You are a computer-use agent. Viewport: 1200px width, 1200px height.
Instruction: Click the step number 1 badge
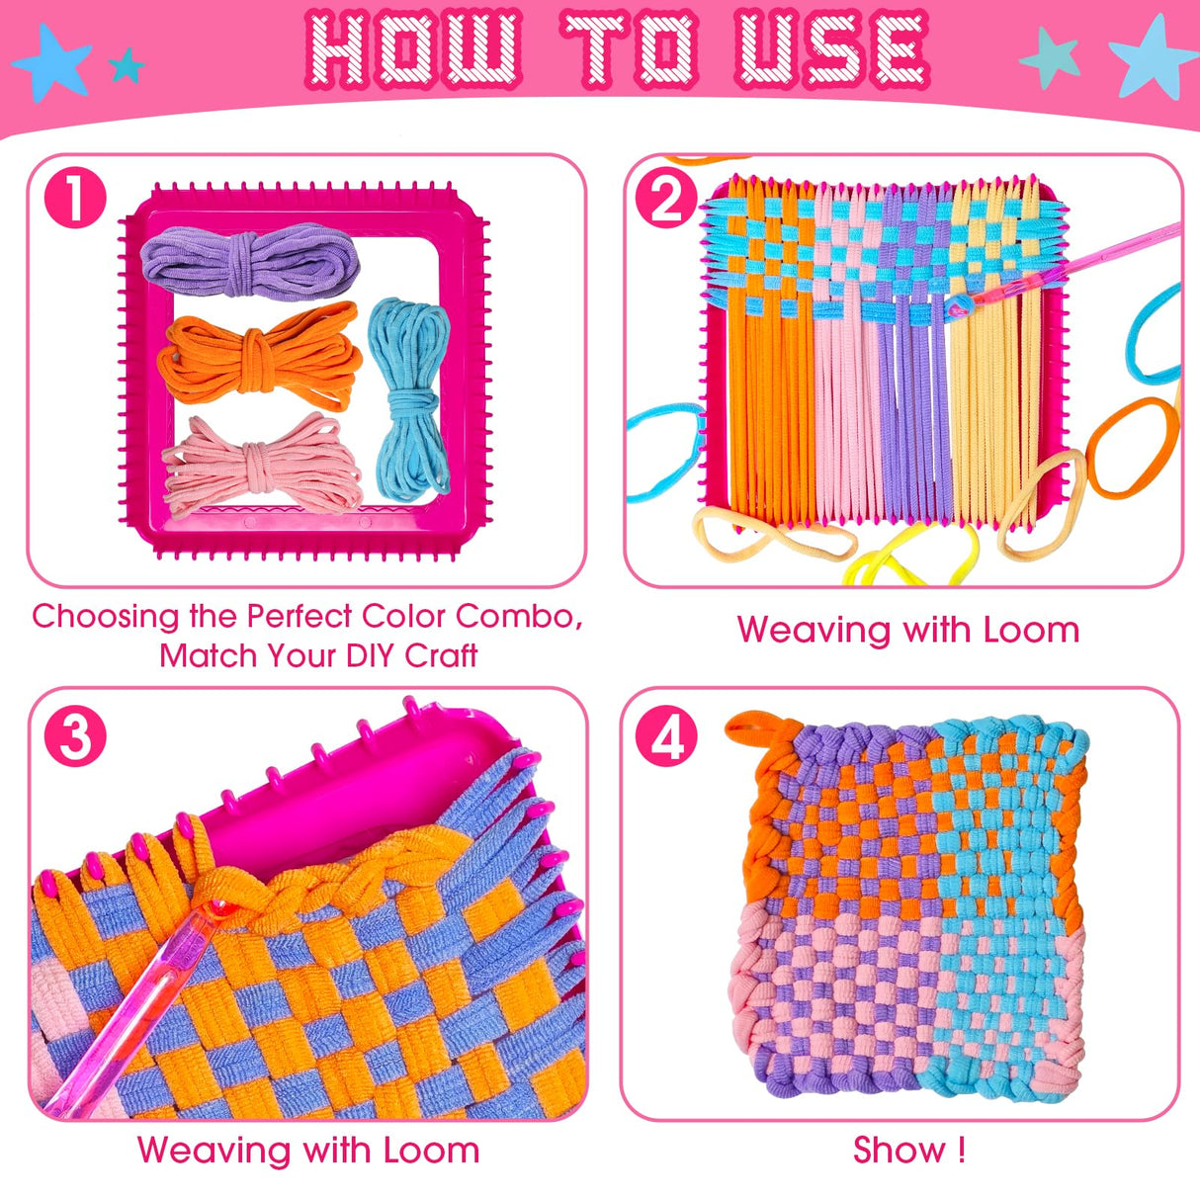click(x=74, y=199)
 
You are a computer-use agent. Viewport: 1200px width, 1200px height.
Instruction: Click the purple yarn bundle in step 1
click(x=250, y=260)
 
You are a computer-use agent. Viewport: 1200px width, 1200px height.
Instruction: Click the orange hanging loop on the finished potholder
click(x=761, y=731)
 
